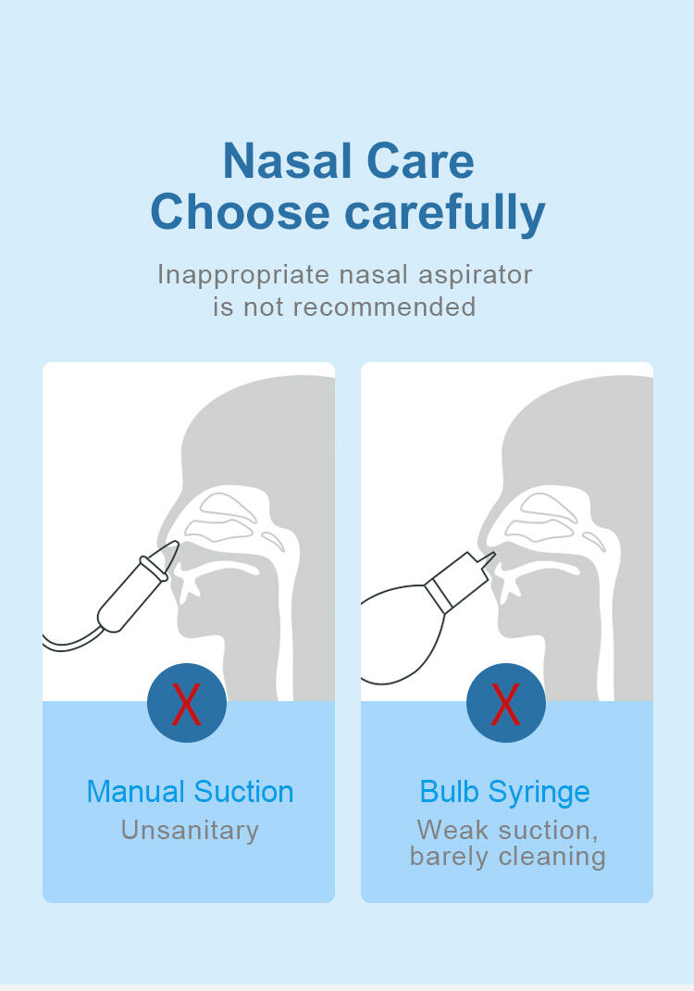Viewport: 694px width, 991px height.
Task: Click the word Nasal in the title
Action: coord(287,161)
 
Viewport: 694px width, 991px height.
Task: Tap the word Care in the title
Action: coord(420,161)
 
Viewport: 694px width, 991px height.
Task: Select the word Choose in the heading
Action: coord(240,212)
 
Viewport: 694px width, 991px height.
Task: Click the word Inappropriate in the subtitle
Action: coord(243,276)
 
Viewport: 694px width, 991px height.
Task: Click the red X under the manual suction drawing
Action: coord(186,704)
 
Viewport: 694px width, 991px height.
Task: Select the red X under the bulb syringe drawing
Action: coord(505,704)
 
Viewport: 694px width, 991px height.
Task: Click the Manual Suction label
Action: coord(190,791)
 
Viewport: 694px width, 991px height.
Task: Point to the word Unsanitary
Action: coord(190,831)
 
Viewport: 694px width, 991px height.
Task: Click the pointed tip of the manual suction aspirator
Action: coord(177,542)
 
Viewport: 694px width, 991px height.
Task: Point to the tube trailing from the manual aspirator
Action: coord(70,644)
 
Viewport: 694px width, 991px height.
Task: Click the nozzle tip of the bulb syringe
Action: coord(492,554)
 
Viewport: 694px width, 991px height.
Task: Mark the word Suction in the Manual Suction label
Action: coord(243,791)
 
